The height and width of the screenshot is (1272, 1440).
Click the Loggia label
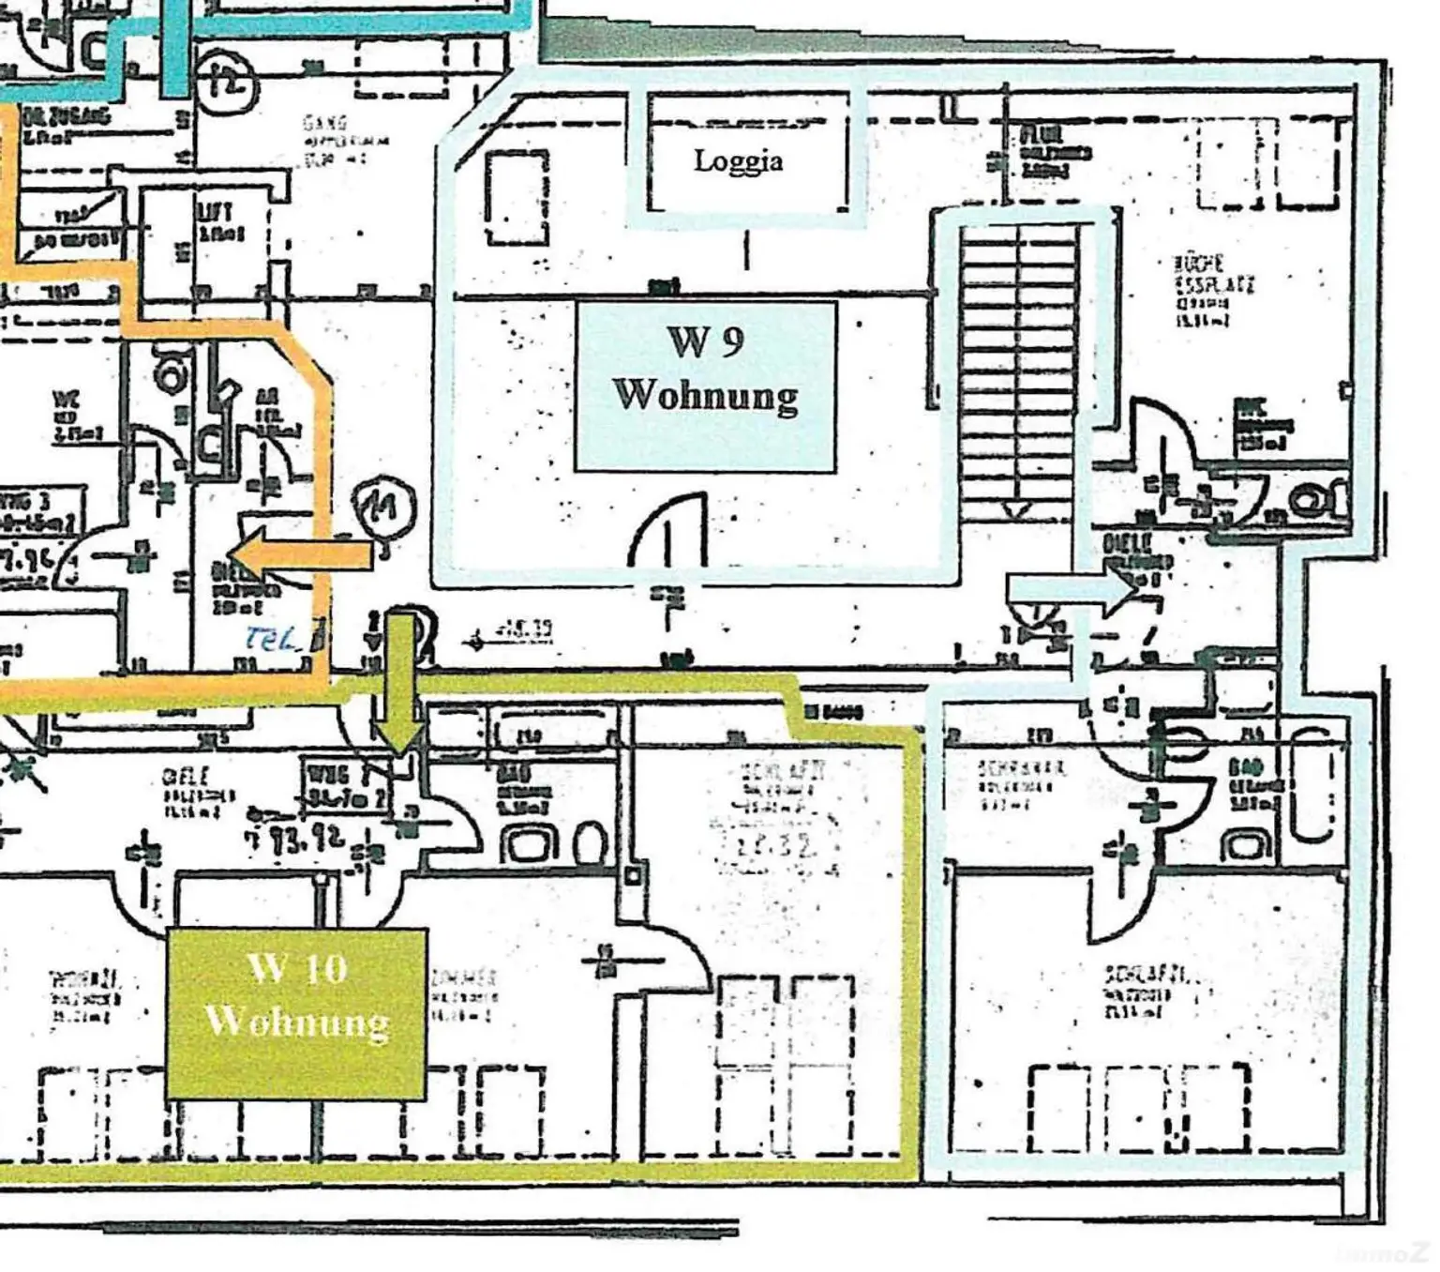(x=738, y=160)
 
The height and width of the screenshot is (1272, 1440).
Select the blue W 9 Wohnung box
(x=705, y=386)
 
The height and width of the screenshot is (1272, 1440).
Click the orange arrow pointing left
(x=300, y=555)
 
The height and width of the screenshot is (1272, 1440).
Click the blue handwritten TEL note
(x=272, y=639)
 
